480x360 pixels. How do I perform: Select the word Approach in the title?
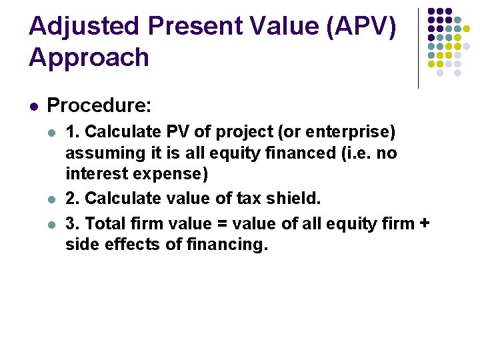[x=89, y=58]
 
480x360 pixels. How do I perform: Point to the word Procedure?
[x=99, y=105]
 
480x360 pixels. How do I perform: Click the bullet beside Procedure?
[x=33, y=106]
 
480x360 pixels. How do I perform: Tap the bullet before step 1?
[x=51, y=132]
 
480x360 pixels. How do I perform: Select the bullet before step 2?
[x=51, y=199]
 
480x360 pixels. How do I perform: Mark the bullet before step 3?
[x=51, y=223]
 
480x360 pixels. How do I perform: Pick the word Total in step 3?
[x=107, y=223]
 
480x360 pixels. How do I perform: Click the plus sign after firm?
[x=424, y=223]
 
